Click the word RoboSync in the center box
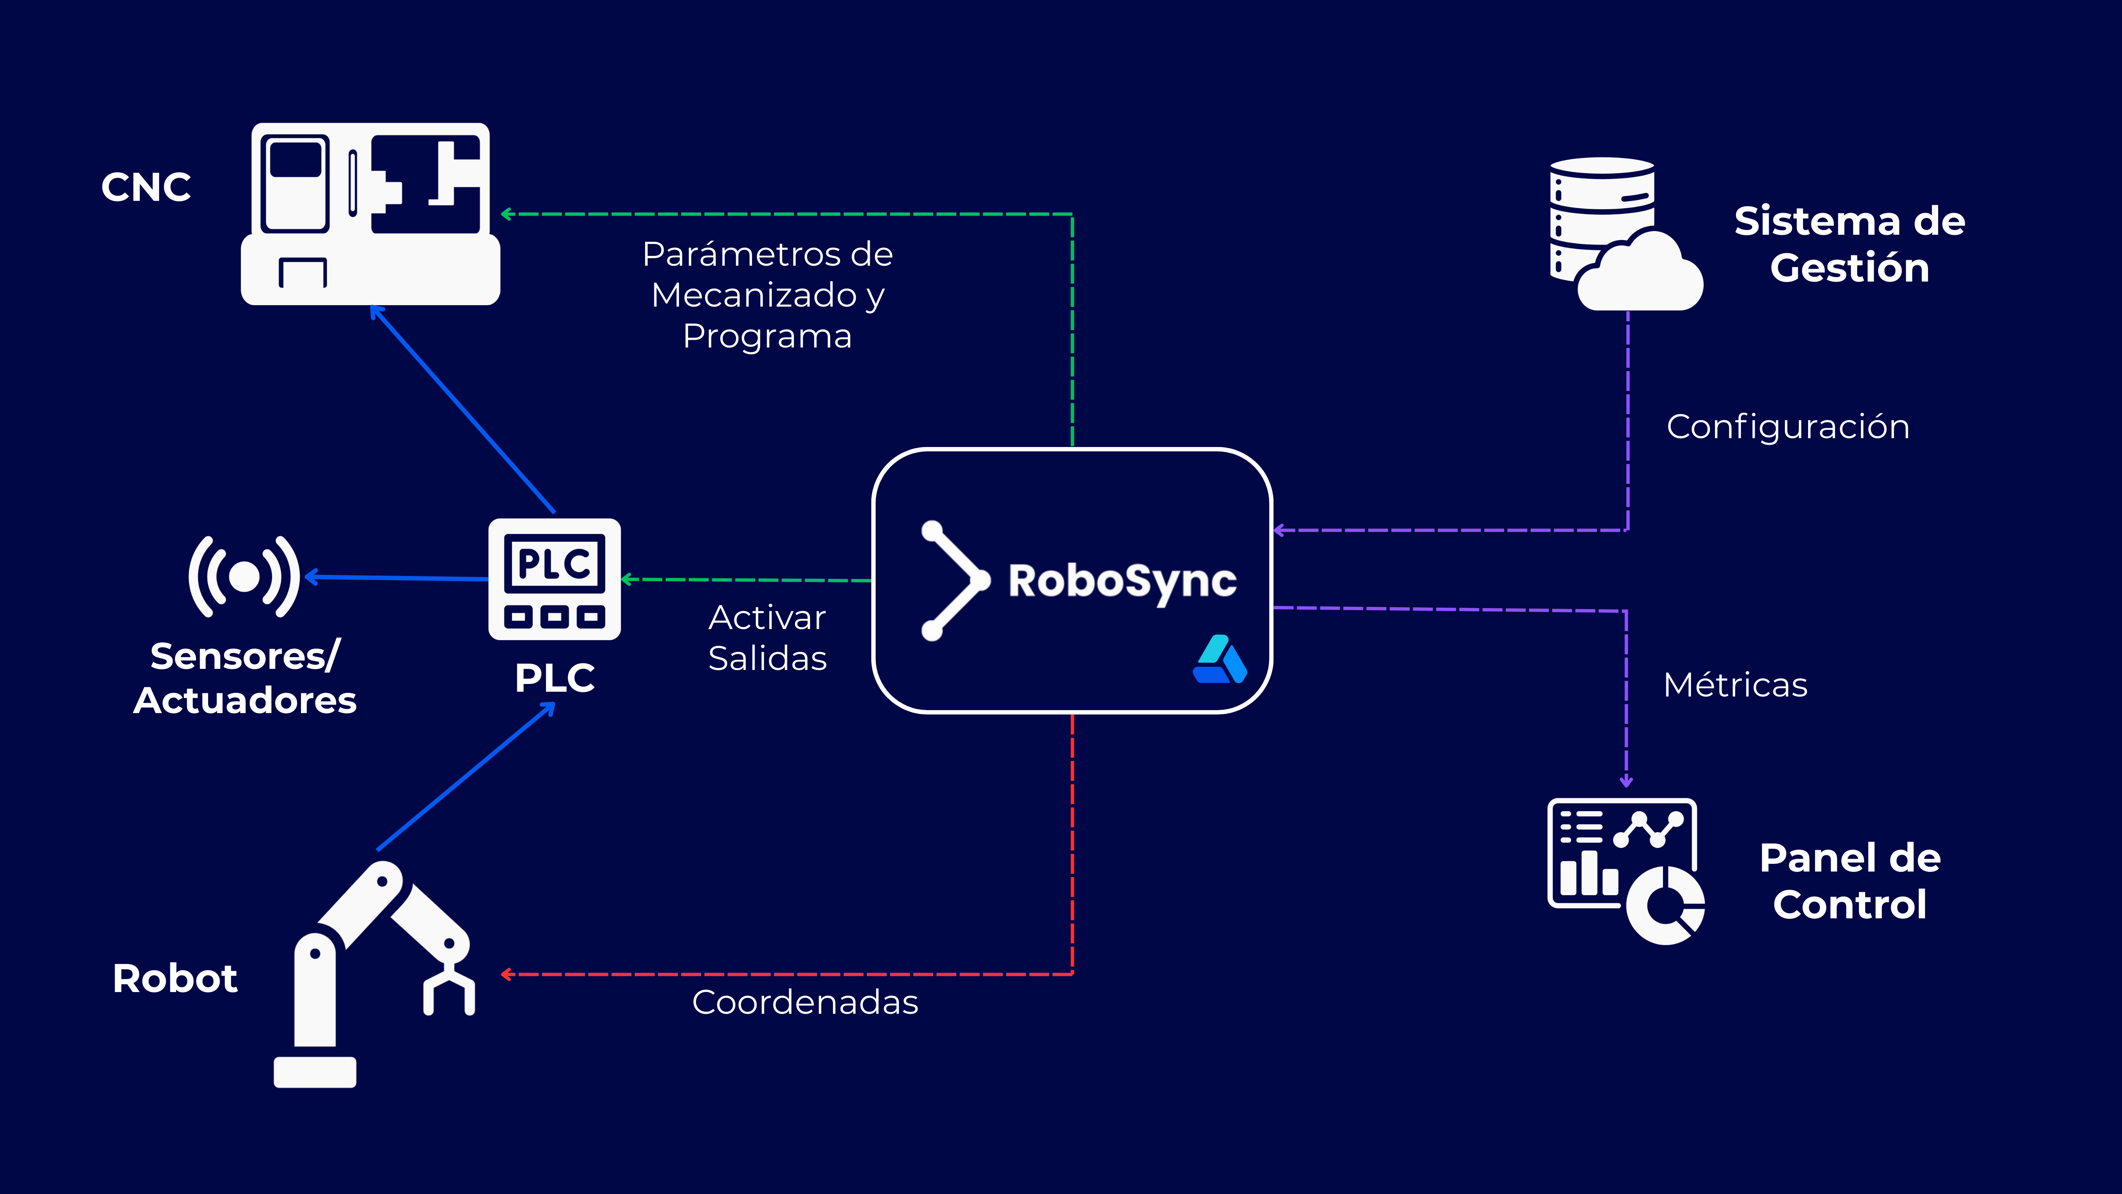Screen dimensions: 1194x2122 tap(1122, 581)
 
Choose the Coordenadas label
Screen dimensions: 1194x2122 tap(805, 1002)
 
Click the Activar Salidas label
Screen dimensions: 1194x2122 tap(767, 638)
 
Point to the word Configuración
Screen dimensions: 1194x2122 tap(1787, 427)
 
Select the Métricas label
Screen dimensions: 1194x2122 tap(1735, 685)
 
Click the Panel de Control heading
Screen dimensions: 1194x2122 tap(1849, 881)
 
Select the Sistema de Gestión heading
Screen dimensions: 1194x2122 tap(1849, 244)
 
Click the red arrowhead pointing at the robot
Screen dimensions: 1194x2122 tap(507, 974)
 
